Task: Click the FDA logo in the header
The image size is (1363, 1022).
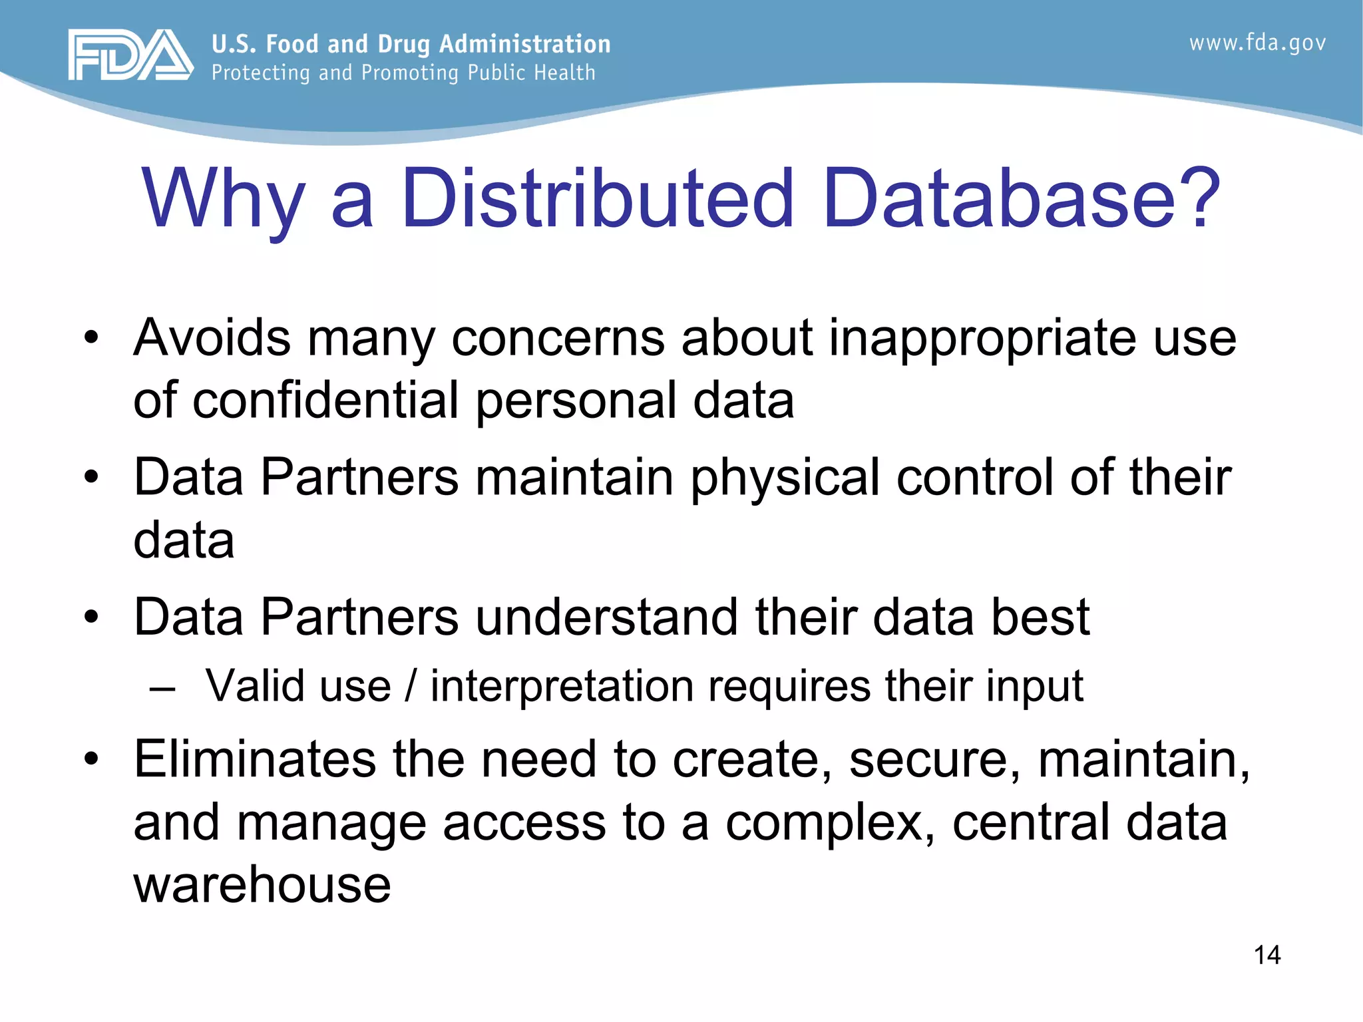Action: click(130, 55)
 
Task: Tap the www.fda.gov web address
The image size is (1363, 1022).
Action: click(1257, 43)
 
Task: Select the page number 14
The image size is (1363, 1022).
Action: click(1266, 955)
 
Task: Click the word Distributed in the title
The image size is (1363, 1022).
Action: click(597, 198)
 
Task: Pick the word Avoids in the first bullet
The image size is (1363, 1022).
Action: click(212, 337)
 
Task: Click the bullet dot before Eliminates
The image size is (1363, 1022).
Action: click(91, 759)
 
